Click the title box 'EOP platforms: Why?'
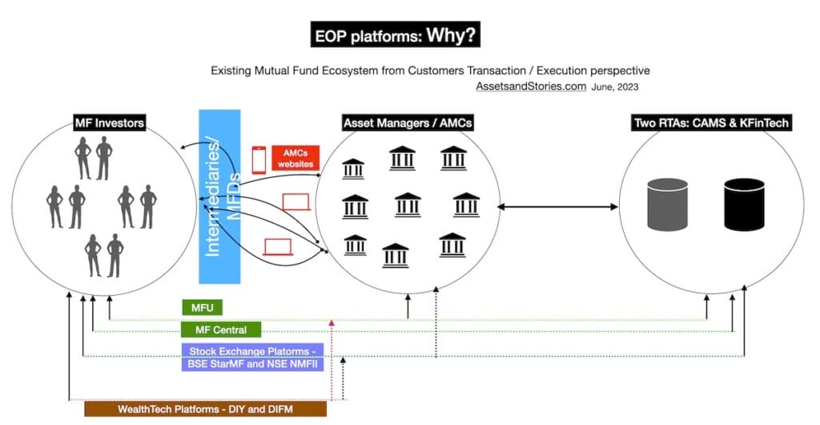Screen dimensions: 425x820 pos(395,36)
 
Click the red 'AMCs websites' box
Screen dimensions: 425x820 pos(294,158)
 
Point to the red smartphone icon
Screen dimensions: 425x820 pos(259,158)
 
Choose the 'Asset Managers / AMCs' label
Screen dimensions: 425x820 pos(407,123)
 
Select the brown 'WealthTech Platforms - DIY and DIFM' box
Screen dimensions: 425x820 pos(206,409)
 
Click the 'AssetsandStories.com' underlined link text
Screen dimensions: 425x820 pos(531,86)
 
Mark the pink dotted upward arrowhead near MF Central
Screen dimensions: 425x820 pos(332,322)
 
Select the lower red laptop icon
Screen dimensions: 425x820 pos(278,246)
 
